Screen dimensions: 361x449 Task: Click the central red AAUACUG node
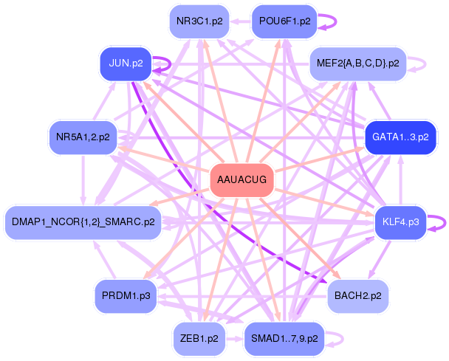coord(243,179)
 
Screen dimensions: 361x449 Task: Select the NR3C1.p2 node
coord(197,21)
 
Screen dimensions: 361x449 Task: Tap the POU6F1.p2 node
coord(284,21)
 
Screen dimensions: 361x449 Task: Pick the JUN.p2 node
coord(126,64)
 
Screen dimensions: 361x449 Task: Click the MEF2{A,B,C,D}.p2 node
coord(358,63)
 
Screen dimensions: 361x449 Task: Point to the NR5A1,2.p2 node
coord(83,137)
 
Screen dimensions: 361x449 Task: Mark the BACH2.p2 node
coord(358,295)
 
